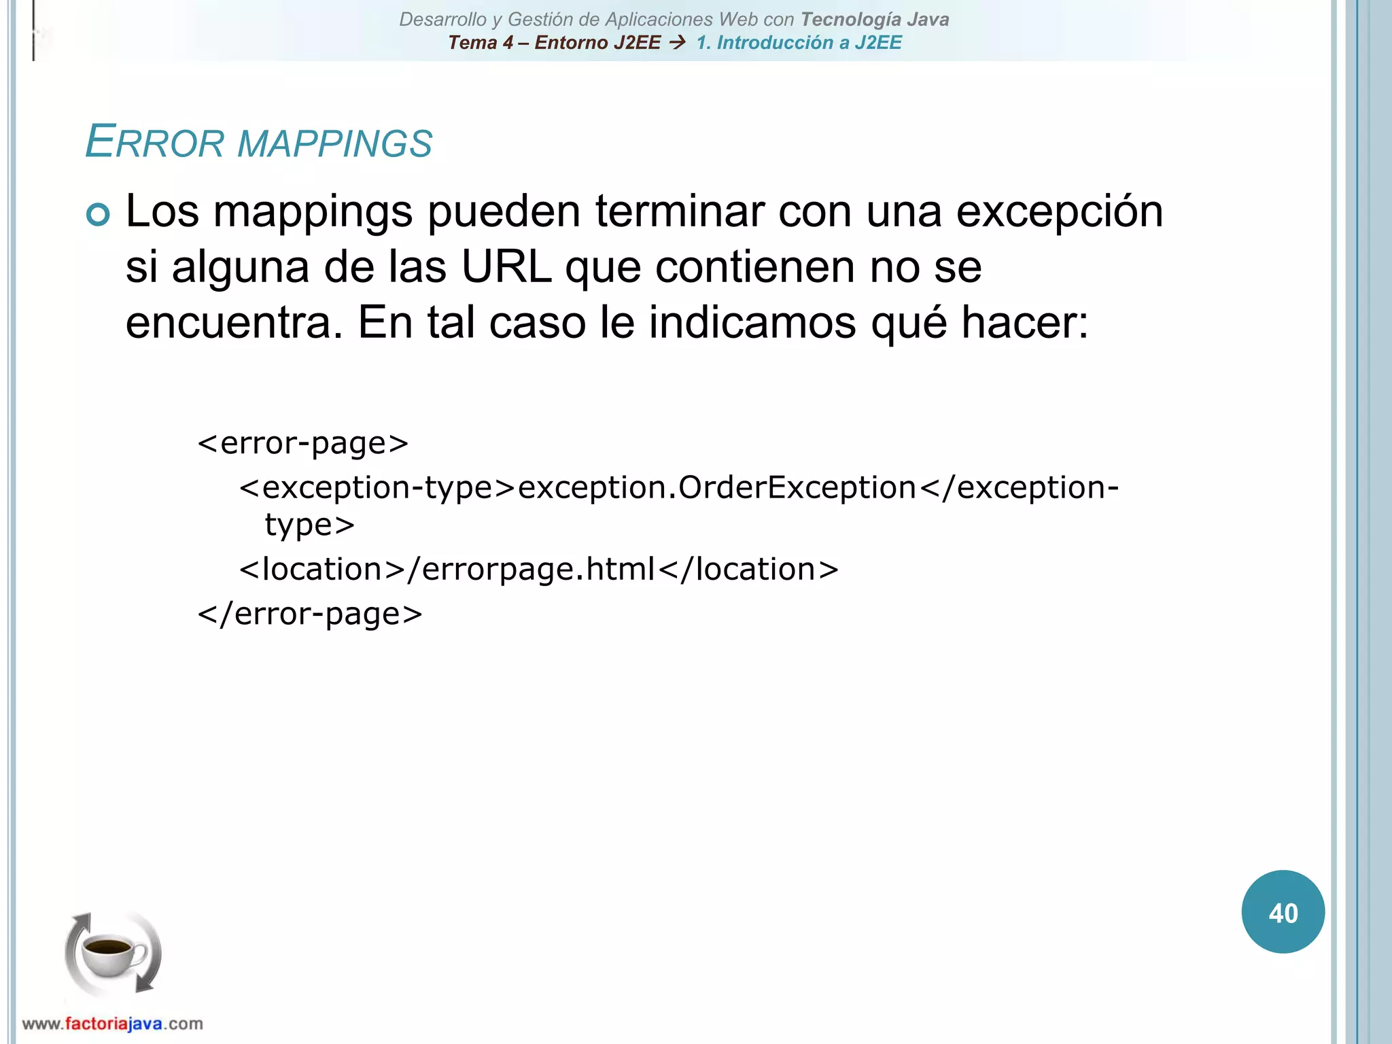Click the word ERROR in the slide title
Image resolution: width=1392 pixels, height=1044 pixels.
point(155,143)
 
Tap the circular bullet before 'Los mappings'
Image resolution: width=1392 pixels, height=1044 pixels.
point(99,215)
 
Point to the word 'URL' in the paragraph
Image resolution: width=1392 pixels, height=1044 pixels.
point(506,267)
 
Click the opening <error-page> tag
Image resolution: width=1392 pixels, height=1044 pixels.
point(303,444)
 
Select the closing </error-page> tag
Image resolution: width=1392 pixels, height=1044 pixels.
point(310,614)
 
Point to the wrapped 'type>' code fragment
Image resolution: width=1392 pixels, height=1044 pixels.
point(310,525)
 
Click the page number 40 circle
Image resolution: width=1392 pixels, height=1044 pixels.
point(1283,912)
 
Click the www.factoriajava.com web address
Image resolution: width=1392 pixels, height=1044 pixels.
point(112,1024)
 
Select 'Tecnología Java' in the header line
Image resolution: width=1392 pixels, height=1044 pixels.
point(875,20)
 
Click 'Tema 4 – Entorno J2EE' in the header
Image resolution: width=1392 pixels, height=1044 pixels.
point(554,43)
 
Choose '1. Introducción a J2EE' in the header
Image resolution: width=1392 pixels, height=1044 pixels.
point(799,43)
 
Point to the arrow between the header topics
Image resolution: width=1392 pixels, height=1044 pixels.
point(677,43)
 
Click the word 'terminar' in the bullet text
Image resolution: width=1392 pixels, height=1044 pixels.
point(680,212)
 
